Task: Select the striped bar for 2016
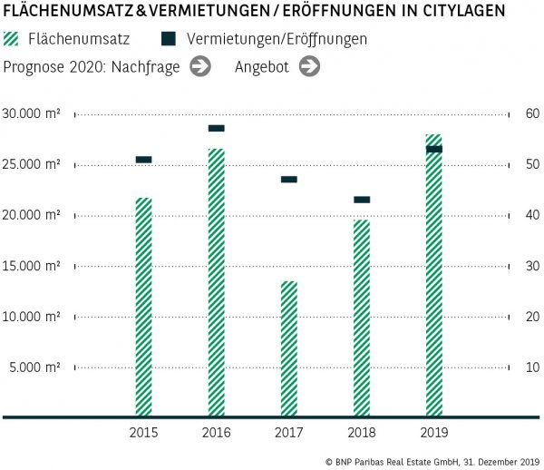pos(216,282)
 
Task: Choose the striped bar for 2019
pos(434,276)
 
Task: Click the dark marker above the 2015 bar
pos(143,160)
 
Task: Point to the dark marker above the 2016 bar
pos(216,128)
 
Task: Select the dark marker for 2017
pos(288,180)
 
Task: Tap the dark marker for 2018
pos(362,200)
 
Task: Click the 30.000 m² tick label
pos(32,114)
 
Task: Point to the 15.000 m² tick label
pos(32,266)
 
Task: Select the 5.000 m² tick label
pos(35,367)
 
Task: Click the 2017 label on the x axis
pos(288,433)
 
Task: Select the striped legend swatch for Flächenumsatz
pos(12,40)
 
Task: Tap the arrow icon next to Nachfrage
pos(200,66)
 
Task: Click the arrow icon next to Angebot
pos(309,66)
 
